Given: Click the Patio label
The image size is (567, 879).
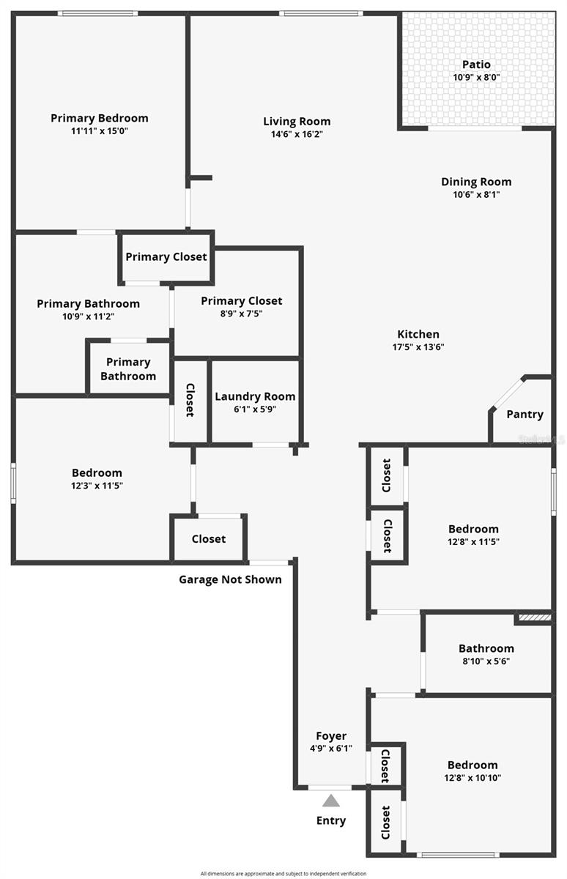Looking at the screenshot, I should click(x=476, y=64).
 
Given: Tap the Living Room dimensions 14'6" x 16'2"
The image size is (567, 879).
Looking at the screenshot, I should click(x=297, y=135).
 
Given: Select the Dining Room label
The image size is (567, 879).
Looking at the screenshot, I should click(x=476, y=182).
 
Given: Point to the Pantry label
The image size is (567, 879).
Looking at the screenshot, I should click(x=525, y=415).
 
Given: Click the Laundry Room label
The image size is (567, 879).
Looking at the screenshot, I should click(x=255, y=396).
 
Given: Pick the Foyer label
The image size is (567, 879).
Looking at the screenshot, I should click(x=331, y=735).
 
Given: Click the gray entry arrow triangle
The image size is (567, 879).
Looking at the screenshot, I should click(x=331, y=801).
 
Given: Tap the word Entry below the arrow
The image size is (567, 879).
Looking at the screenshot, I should click(x=331, y=820).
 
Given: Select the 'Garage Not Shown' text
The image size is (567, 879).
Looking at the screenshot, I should click(x=230, y=579).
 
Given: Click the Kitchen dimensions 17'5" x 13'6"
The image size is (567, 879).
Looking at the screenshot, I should click(x=419, y=347).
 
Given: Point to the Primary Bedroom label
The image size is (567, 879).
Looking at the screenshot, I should click(x=100, y=118).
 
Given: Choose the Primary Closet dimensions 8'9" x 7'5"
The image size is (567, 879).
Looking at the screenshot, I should click(x=241, y=314).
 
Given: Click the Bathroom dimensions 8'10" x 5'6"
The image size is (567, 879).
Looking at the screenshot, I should click(x=486, y=661).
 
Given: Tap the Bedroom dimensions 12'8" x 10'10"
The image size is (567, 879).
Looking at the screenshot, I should click(x=472, y=778).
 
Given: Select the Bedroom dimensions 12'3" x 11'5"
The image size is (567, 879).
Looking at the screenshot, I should click(x=97, y=486).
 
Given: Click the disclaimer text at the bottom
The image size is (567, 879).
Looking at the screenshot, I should click(x=283, y=873).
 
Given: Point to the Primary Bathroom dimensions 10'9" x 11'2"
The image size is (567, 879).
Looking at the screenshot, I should click(x=88, y=316).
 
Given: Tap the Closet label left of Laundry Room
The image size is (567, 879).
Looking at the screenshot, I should click(x=190, y=400).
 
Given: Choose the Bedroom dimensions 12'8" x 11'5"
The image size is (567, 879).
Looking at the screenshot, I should click(x=473, y=541).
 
